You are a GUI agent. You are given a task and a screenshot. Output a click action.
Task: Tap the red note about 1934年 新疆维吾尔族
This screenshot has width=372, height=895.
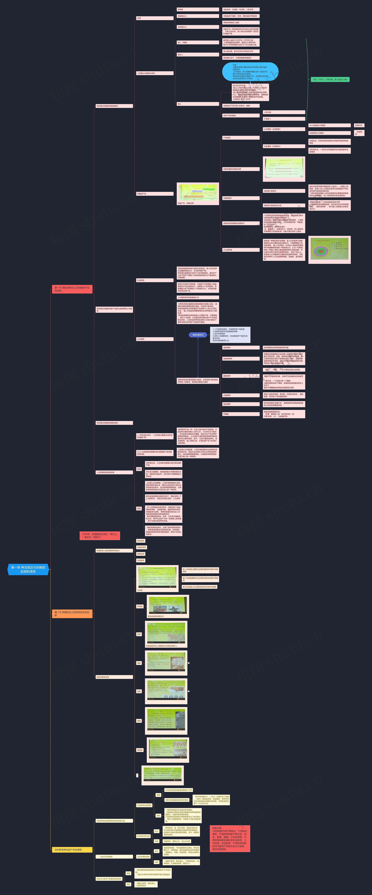coord(100,535)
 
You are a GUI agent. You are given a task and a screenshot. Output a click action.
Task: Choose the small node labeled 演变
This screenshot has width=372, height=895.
coord(139,508)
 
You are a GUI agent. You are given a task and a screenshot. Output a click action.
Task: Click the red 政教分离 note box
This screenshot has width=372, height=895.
coord(230,838)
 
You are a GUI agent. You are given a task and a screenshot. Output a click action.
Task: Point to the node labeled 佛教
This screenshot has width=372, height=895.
coord(139,663)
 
